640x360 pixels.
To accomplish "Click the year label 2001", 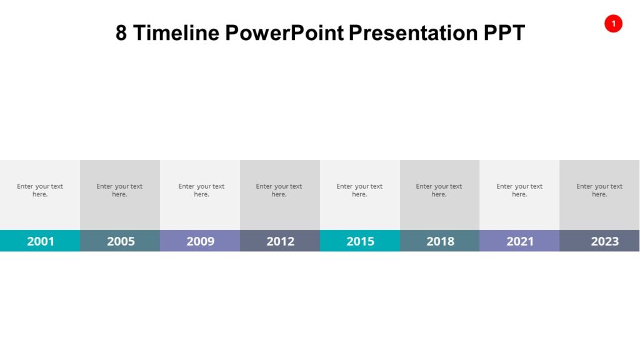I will (41, 241).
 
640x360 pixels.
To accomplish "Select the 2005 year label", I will (121, 241).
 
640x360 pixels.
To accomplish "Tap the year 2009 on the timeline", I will (200, 241).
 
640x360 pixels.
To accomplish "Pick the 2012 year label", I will (280, 241).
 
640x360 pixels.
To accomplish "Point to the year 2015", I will (360, 241).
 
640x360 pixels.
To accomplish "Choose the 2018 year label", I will (440, 241).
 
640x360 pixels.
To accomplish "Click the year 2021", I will (520, 241).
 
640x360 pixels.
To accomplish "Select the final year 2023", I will (604, 241).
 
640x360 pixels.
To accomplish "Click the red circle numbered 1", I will (613, 24).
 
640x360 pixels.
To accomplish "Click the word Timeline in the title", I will (176, 33).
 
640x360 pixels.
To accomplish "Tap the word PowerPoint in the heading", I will (284, 33).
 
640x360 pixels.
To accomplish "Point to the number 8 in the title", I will (121, 33).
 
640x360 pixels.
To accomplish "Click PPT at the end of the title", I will (504, 33).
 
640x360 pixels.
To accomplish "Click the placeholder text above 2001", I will (40, 190).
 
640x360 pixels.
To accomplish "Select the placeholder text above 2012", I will (279, 190).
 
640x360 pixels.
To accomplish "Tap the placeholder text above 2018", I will (439, 190).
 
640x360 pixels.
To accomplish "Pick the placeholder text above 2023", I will (599, 190).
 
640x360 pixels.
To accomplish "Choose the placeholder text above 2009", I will (201, 190).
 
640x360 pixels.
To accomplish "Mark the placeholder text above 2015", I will (359, 190).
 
